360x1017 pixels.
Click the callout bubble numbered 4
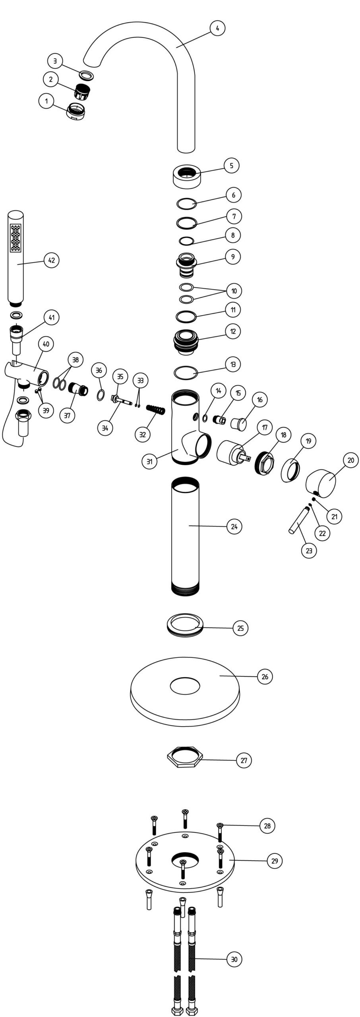[217, 28]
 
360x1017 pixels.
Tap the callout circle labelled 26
[265, 676]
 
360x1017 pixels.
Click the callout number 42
[51, 260]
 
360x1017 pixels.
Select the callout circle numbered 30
[234, 959]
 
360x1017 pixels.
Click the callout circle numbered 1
[46, 101]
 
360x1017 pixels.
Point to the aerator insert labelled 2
[81, 92]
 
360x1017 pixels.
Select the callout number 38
[75, 360]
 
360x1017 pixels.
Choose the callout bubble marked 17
[265, 428]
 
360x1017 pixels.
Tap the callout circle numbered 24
[234, 526]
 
